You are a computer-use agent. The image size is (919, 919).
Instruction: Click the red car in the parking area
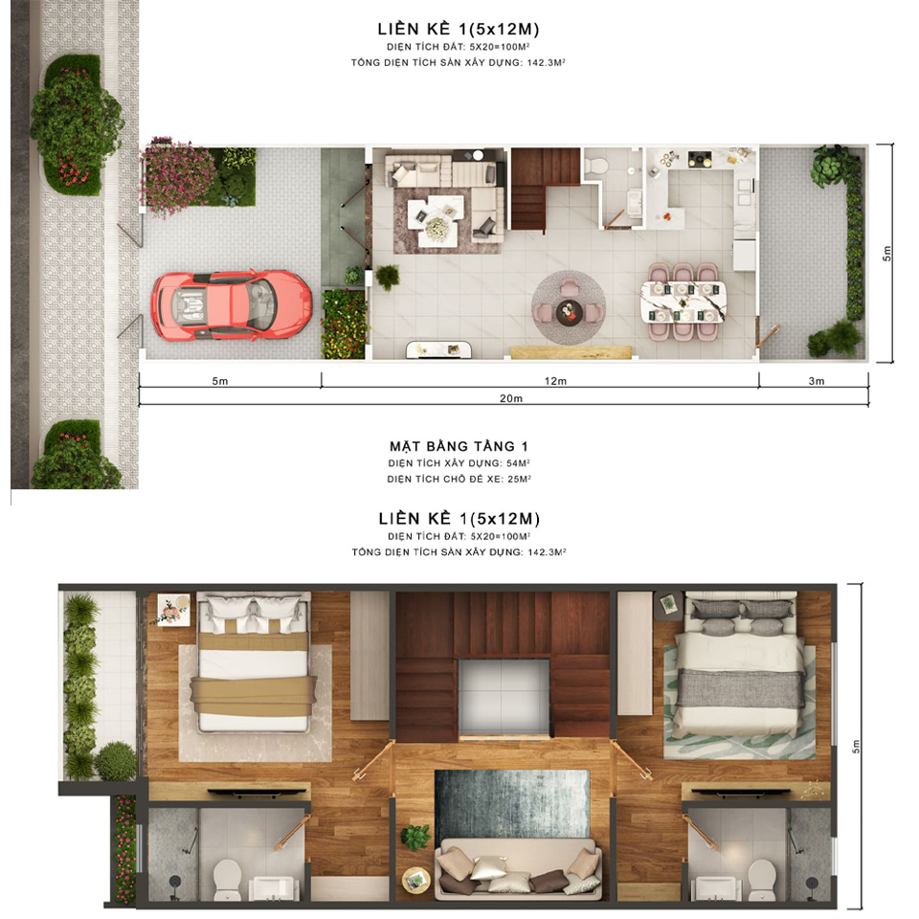coord(232,304)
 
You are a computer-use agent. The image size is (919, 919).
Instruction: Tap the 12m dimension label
coord(555,381)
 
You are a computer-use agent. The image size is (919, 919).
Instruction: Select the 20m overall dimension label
coord(510,398)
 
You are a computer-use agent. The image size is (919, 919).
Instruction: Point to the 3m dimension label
coord(816,381)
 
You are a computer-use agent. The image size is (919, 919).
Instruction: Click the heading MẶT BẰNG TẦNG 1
coord(459,447)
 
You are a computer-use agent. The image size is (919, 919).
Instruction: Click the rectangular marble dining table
coord(684,302)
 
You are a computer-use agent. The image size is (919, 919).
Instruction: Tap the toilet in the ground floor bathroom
coord(596,166)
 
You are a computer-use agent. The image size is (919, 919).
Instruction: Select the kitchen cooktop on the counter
coord(700,158)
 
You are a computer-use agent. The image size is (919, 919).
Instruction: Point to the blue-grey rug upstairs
coord(511,804)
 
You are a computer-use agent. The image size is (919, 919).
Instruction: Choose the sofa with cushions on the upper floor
coord(518,868)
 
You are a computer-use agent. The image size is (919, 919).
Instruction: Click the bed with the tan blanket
coord(254,662)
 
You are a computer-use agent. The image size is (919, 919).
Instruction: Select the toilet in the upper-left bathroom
coord(228,878)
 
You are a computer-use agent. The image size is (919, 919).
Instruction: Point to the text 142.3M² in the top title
coord(547,63)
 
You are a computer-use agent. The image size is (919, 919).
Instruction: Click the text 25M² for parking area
coord(519,479)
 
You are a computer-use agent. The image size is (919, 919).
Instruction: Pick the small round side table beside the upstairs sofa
coord(416,880)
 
